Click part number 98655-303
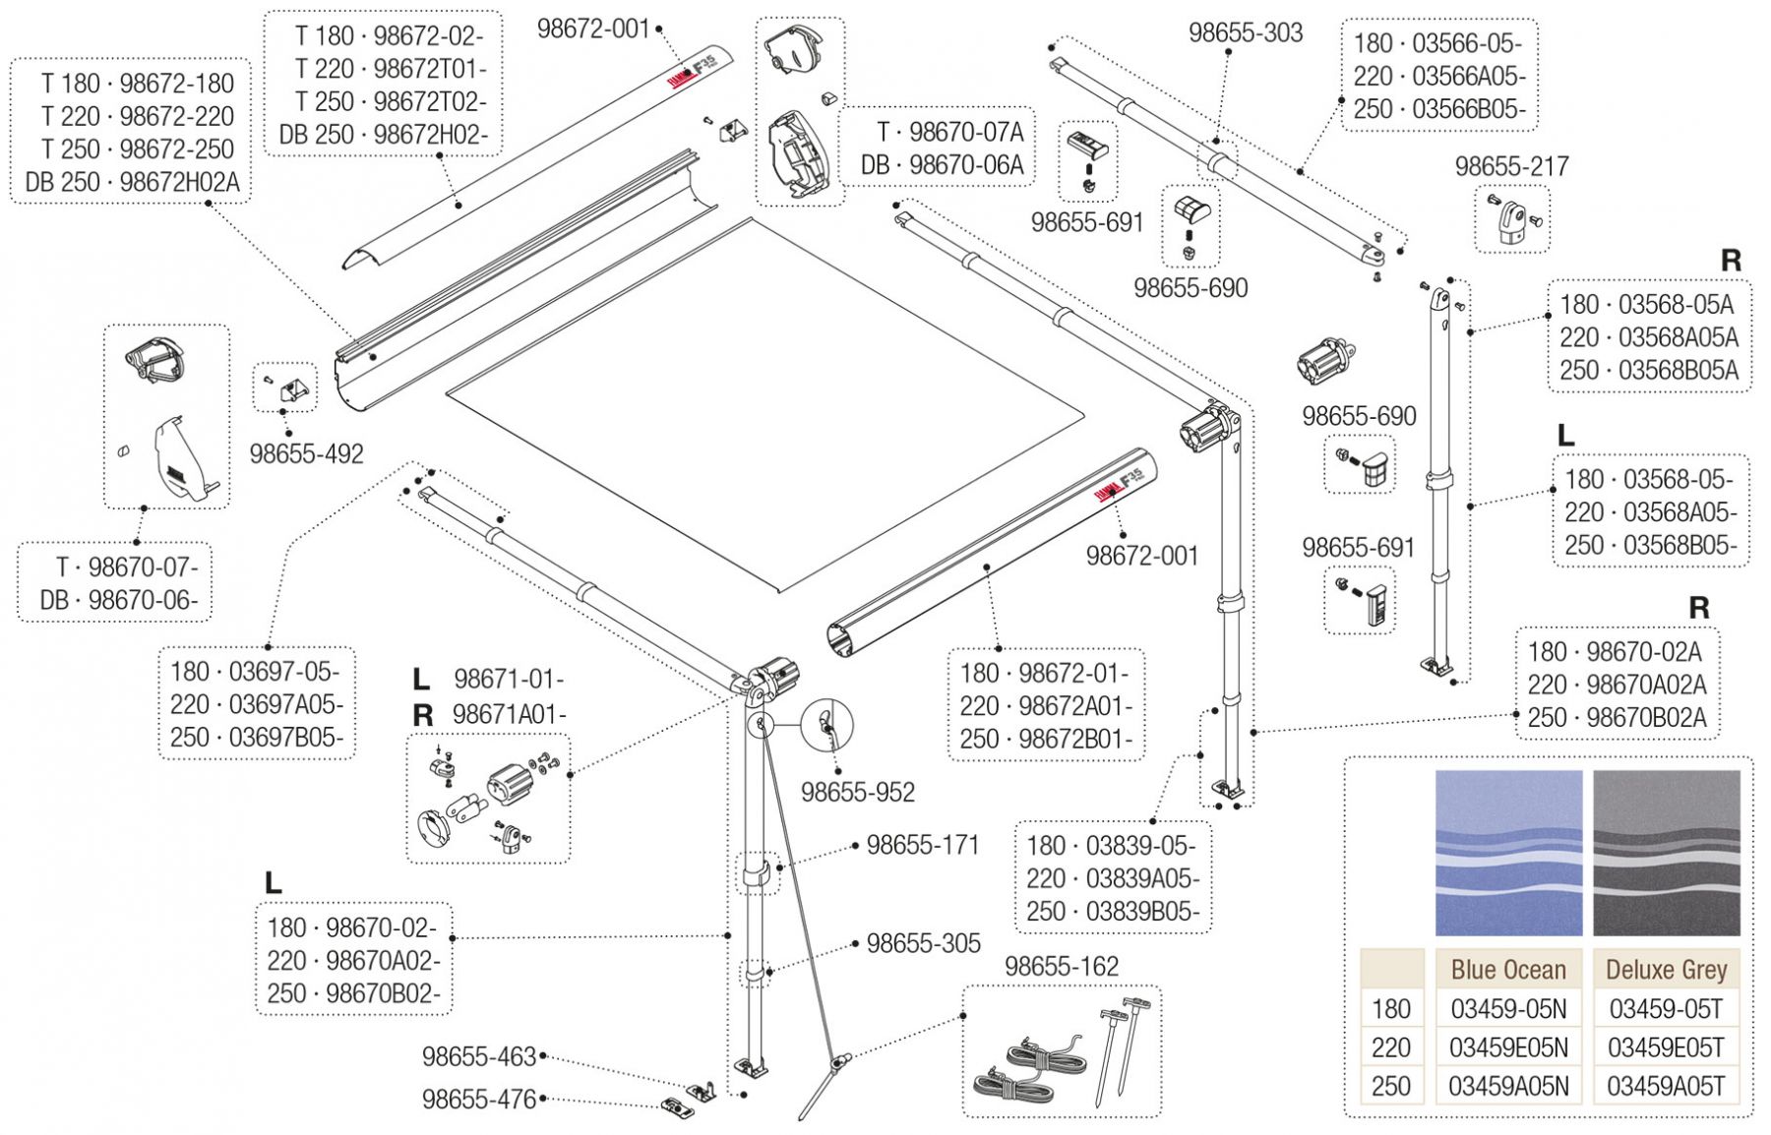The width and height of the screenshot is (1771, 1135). [x=1245, y=32]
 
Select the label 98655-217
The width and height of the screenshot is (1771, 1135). [x=1511, y=166]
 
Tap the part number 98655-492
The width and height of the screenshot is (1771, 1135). [x=306, y=453]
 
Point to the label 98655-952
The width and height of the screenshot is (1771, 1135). [x=857, y=792]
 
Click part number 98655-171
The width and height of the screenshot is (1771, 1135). [x=923, y=845]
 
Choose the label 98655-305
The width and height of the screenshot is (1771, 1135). [x=923, y=943]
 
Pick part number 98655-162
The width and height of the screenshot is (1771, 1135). [x=1062, y=967]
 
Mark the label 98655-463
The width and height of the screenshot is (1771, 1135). [x=479, y=1056]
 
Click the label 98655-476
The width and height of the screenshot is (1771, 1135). [x=479, y=1099]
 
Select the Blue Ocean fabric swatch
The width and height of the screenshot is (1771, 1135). [x=1508, y=853]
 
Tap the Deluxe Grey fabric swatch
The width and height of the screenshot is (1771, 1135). [x=1666, y=853]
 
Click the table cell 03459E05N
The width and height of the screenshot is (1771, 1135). [x=1508, y=1047]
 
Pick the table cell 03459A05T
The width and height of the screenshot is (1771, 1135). [x=1666, y=1086]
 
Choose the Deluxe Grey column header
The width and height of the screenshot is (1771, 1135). [x=1666, y=970]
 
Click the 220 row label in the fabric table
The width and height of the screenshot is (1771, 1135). [x=1390, y=1047]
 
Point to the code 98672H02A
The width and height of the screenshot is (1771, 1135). [x=179, y=182]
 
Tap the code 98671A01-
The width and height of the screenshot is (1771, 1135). [x=509, y=715]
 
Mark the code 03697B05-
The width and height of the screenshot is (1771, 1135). [x=285, y=738]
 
